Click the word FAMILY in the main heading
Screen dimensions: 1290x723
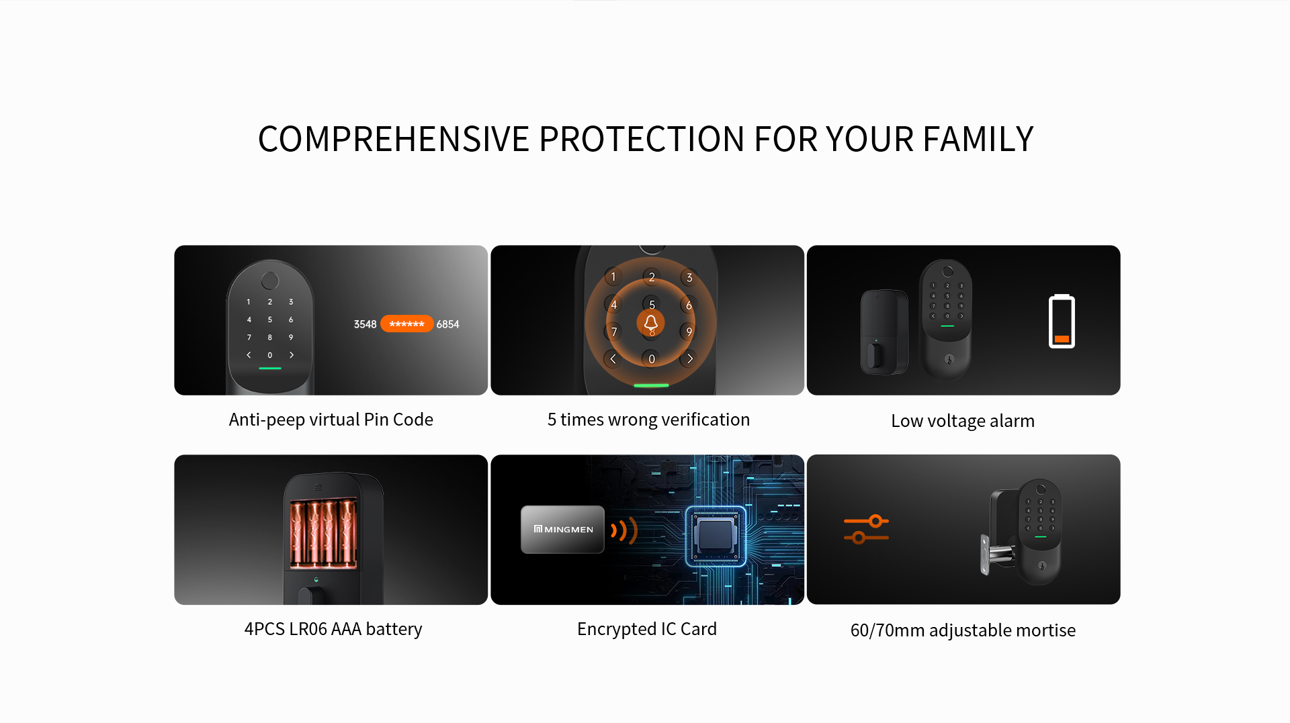point(978,139)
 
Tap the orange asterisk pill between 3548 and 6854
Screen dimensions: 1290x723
point(406,324)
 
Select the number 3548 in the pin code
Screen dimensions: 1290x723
point(365,324)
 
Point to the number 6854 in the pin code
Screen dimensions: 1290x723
point(447,324)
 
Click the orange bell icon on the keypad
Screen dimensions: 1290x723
point(650,323)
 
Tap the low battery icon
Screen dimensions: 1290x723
point(1062,322)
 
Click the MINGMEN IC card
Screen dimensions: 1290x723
point(562,529)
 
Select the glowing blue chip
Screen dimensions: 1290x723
point(716,536)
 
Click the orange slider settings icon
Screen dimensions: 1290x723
point(867,529)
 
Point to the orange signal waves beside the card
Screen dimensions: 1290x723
point(623,530)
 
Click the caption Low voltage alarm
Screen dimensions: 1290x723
point(963,421)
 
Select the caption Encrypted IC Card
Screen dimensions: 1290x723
point(647,629)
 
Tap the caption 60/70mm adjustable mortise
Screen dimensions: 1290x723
point(963,630)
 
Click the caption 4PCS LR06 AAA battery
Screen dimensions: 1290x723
point(333,629)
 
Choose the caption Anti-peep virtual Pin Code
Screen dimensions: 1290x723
point(331,420)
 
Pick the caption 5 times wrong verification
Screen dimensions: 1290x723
point(648,420)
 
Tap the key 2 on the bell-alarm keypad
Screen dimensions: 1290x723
point(651,277)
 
